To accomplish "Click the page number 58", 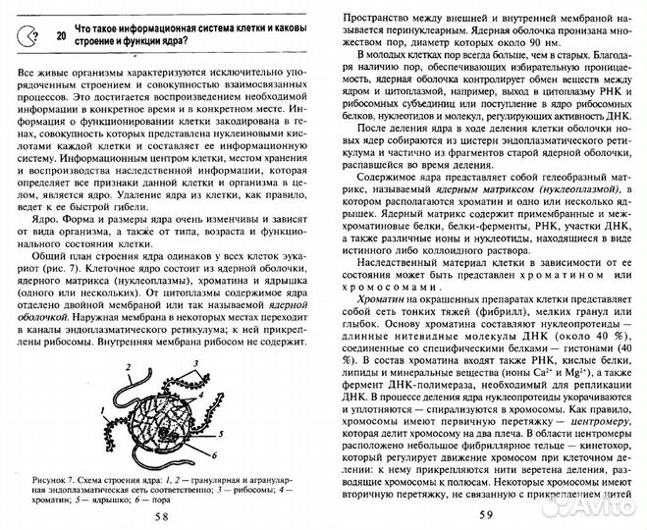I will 161,516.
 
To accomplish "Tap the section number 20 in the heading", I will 63,35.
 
